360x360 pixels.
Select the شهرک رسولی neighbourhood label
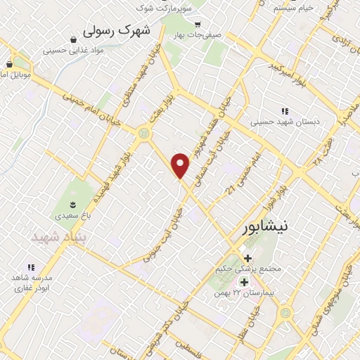coord(117,32)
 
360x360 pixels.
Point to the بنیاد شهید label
coord(57,238)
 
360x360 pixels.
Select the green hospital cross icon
coord(243,282)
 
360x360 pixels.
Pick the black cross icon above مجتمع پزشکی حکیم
coord(248,258)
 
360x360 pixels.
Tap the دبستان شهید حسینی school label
coord(285,121)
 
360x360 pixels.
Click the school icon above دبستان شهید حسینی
coord(285,111)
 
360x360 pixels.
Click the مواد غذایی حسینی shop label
coord(74,51)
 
